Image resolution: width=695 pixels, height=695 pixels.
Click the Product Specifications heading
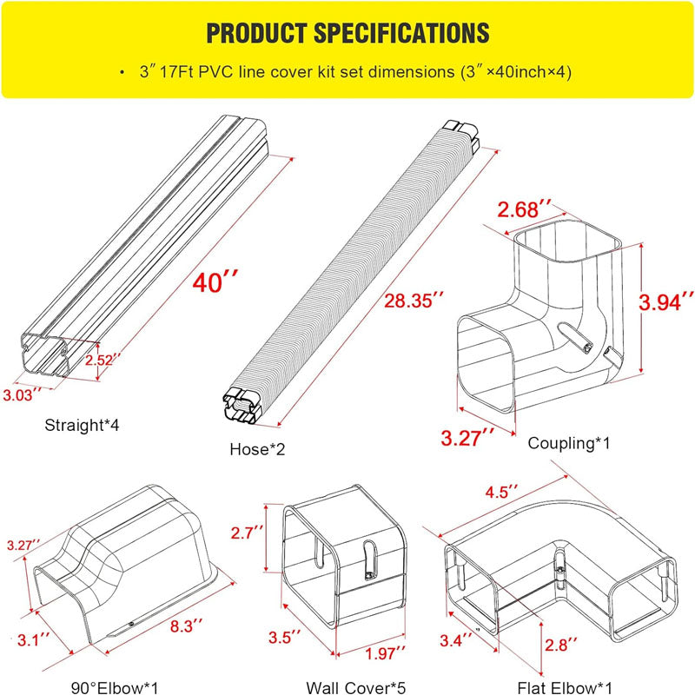point(347,34)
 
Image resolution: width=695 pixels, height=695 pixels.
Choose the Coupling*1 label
point(569,443)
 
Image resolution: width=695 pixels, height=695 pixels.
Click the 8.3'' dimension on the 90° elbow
point(185,624)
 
